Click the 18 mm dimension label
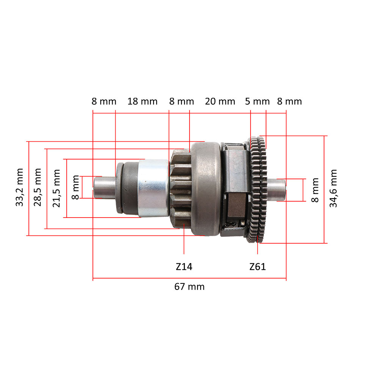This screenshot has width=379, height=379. click(x=143, y=102)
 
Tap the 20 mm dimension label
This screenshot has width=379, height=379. click(x=220, y=102)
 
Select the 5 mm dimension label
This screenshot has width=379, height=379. click(x=257, y=102)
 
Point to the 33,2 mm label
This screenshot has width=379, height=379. click(x=19, y=187)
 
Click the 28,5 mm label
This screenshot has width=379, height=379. click(x=38, y=187)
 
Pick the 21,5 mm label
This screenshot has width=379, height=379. click(x=56, y=188)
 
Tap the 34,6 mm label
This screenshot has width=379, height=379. click(x=333, y=188)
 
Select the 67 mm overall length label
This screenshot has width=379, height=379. click(x=189, y=287)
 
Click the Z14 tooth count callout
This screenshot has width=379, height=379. click(x=184, y=267)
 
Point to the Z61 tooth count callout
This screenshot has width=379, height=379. click(x=258, y=267)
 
